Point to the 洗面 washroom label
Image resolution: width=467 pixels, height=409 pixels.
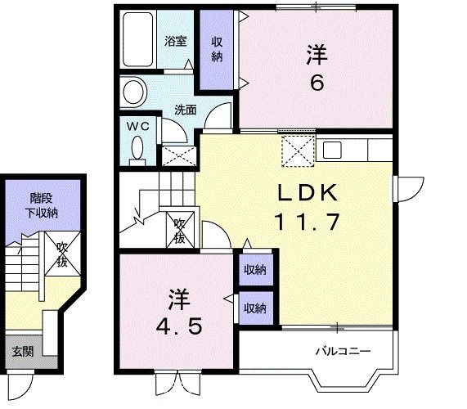click(x=184, y=109)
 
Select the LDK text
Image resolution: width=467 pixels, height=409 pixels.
click(x=306, y=193)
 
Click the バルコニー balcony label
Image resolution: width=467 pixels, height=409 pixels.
click(x=344, y=352)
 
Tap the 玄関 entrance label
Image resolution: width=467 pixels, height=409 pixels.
click(x=22, y=353)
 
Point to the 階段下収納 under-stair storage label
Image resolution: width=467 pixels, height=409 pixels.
click(x=43, y=205)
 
